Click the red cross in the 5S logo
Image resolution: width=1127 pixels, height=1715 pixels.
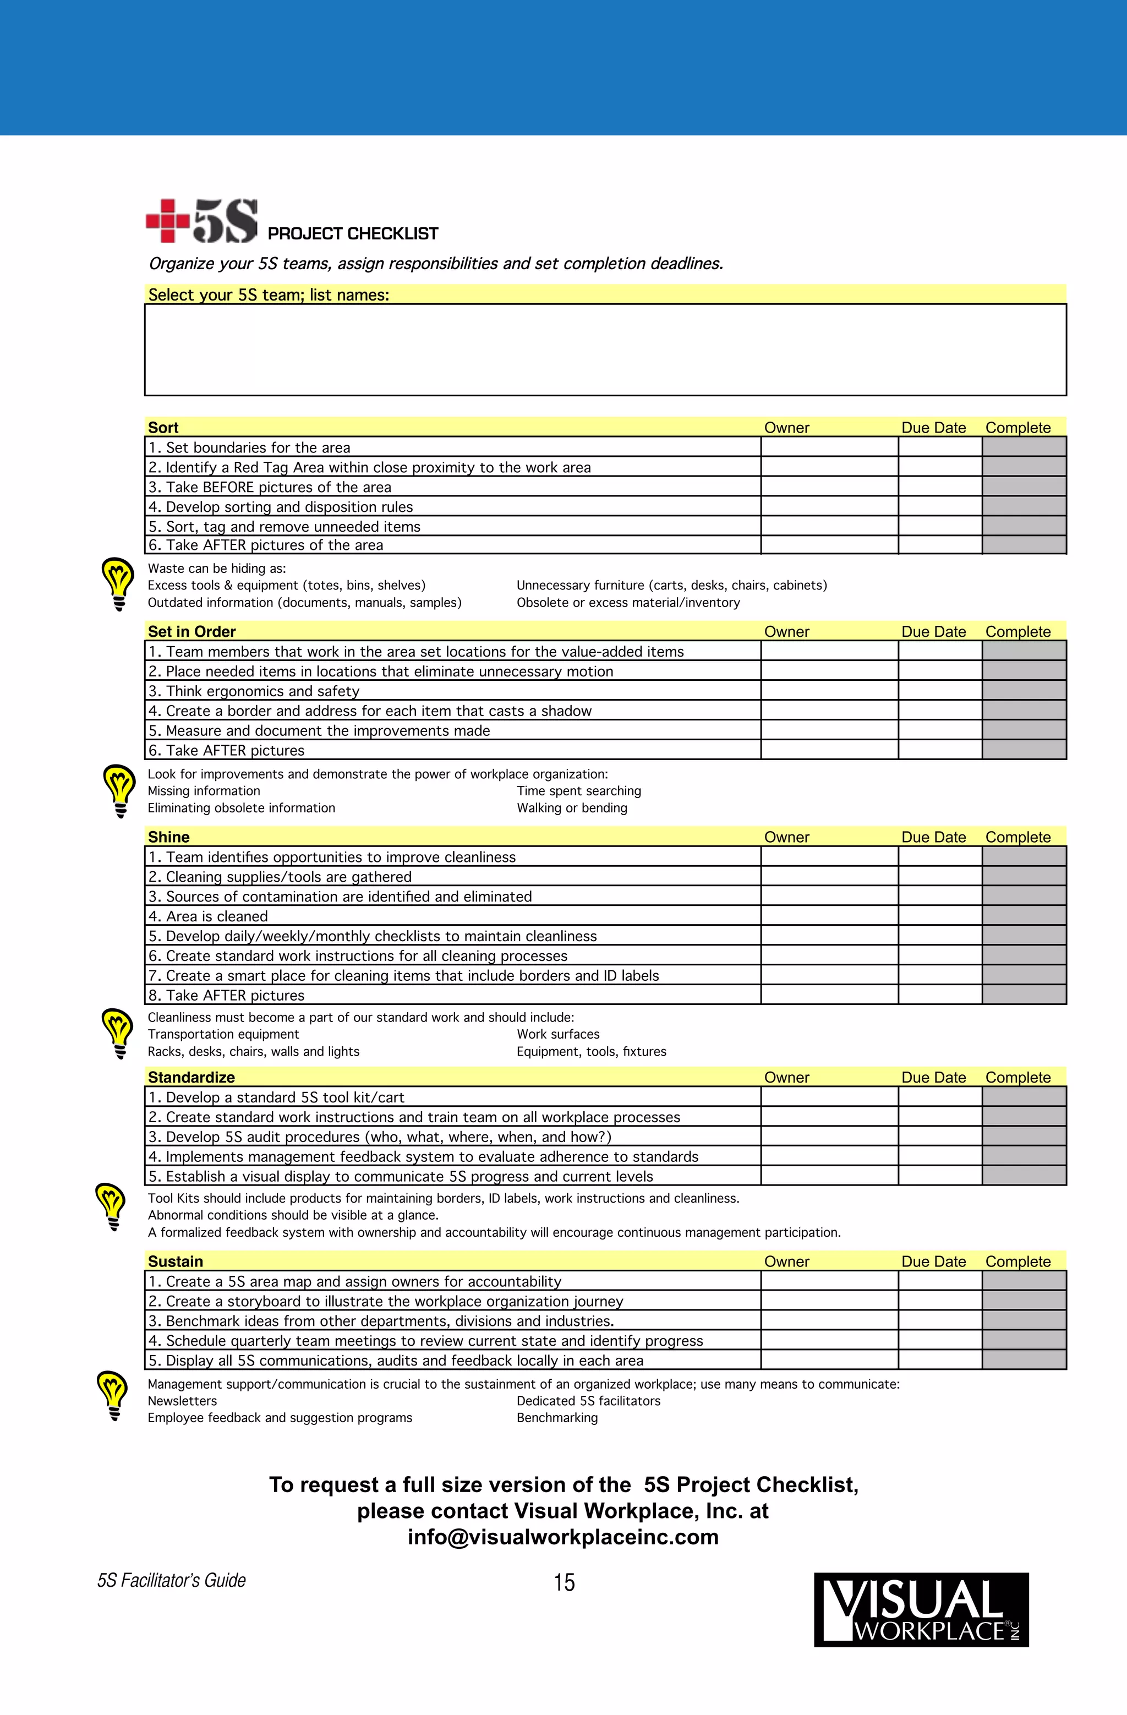(167, 221)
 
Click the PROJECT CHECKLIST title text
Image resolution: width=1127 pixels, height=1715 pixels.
(352, 233)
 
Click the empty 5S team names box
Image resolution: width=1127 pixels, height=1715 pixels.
(605, 349)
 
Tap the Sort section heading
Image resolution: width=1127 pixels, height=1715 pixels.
(163, 427)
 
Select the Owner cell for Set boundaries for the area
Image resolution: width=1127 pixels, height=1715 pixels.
(829, 447)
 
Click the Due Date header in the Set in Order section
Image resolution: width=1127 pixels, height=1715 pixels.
(933, 632)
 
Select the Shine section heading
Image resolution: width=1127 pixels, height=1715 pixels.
(168, 837)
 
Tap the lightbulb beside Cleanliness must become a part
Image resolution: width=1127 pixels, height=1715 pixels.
(118, 1032)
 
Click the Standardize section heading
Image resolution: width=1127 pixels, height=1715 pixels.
(191, 1077)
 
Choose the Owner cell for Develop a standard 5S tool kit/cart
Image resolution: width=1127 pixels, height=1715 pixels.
(829, 1097)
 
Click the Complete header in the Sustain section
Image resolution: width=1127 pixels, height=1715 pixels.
(1017, 1261)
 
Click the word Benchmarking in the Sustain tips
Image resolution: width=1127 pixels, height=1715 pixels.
(557, 1417)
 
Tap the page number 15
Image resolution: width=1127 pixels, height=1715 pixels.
(564, 1582)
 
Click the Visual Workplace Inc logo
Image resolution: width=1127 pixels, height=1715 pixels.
(921, 1610)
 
